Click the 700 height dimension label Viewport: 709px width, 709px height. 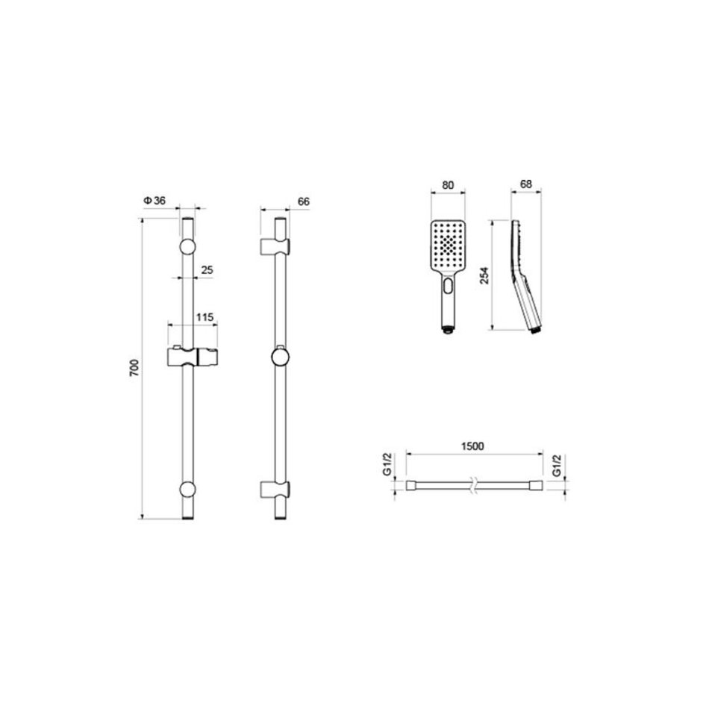(135, 369)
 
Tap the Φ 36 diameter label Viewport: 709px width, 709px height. (154, 201)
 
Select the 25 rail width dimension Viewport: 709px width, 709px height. (207, 270)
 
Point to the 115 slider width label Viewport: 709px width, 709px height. (204, 317)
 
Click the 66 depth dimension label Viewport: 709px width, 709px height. (304, 202)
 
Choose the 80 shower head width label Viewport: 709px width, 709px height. (448, 185)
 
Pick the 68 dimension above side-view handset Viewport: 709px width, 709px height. (526, 184)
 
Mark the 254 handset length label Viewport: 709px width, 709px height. (484, 275)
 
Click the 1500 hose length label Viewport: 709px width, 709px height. (472, 446)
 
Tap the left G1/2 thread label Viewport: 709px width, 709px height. (387, 465)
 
